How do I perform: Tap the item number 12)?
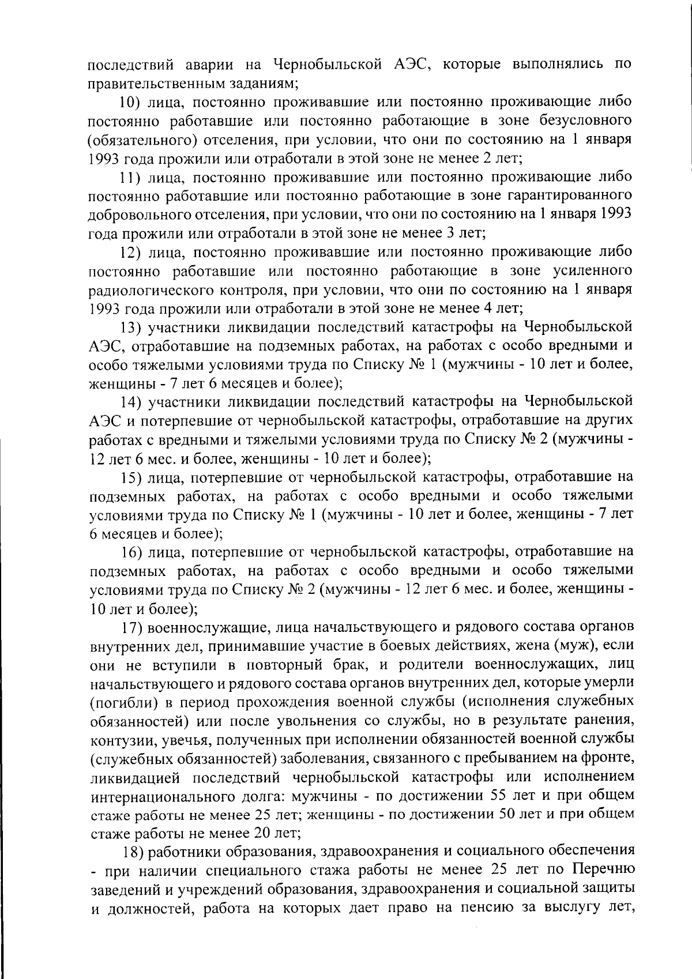click(x=130, y=252)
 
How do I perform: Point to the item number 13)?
click(x=131, y=327)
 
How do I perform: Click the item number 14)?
click(x=131, y=401)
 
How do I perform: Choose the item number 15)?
click(x=131, y=477)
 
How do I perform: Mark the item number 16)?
click(x=132, y=552)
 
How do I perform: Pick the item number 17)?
click(x=133, y=627)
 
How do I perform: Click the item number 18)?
click(x=134, y=850)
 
